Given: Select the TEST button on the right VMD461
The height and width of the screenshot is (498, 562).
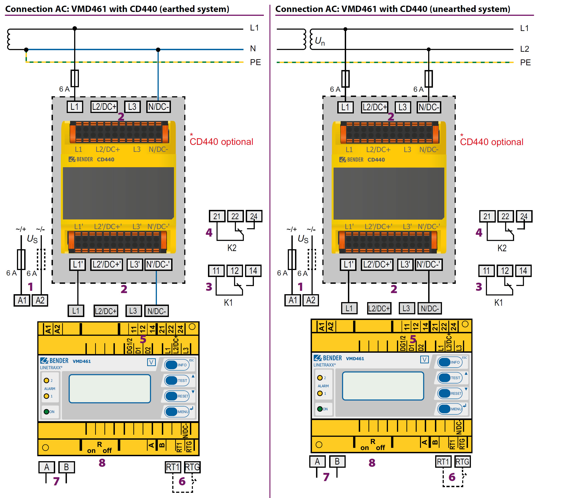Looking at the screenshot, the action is (450, 378).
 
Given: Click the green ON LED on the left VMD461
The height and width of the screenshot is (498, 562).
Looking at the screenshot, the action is (47, 412).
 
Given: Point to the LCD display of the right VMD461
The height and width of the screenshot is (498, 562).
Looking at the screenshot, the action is (383, 386).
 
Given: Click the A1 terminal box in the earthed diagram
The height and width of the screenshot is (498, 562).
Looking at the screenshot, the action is (22, 300).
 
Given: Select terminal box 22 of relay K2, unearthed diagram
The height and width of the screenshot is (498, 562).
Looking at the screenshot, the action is (505, 216).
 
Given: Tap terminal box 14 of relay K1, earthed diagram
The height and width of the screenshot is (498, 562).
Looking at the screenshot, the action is (253, 271).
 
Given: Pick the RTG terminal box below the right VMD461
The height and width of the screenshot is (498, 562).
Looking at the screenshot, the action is (463, 462).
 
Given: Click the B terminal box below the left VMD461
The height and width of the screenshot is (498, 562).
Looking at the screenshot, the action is (66, 467).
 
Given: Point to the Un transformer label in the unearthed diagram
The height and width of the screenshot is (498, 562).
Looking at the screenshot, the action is (320, 41).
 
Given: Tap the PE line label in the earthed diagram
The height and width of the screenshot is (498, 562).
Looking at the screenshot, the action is (255, 62).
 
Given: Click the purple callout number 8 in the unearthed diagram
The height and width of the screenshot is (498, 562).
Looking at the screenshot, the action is (372, 463).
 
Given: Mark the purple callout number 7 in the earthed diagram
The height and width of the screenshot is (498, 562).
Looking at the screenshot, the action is (56, 481).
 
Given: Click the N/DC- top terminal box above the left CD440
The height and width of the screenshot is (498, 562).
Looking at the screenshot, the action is (158, 107).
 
